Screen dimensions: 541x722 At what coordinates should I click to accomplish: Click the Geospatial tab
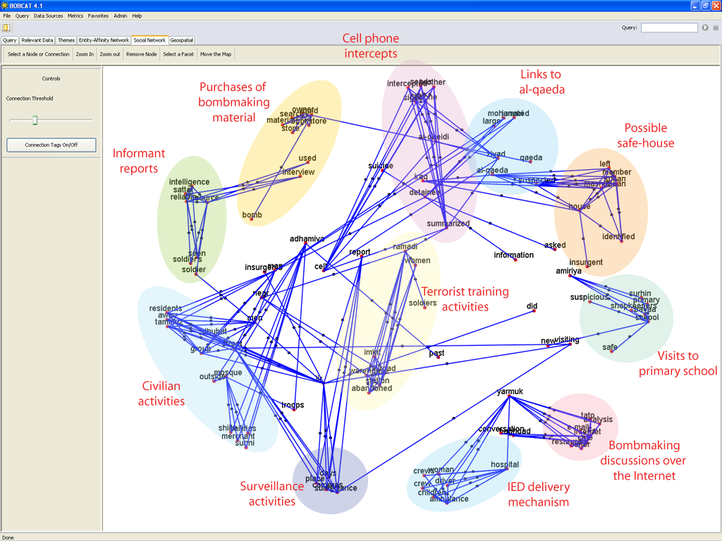coord(181,40)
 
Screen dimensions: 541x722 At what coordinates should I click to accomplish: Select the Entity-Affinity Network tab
coord(104,40)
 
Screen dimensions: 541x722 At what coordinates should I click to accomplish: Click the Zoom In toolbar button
coord(85,54)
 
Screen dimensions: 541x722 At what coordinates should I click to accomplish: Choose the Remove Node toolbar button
coord(141,54)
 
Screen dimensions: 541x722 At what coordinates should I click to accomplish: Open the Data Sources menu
coord(48,16)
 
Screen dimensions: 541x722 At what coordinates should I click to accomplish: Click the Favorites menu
coord(98,16)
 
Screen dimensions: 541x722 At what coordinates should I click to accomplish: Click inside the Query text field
coord(668,28)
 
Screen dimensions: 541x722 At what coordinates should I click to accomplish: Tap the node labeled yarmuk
coord(509,396)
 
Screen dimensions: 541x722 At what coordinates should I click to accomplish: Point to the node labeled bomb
coord(251,219)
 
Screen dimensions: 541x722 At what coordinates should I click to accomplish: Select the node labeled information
coord(515,260)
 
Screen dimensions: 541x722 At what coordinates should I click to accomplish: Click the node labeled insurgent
coord(587,267)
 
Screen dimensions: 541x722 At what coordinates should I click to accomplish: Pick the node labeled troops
coord(293,410)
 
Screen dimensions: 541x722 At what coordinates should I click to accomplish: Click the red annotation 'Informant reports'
coord(139,161)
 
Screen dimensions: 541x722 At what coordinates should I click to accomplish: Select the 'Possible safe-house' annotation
coord(646,135)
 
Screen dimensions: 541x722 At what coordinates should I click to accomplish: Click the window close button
coord(715,5)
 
